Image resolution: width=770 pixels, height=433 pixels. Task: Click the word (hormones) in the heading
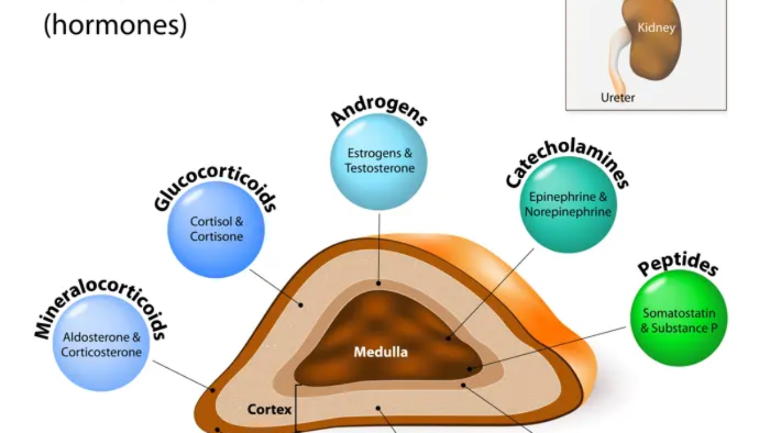coord(115,25)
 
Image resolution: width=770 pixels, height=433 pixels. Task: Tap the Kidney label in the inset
coord(656,27)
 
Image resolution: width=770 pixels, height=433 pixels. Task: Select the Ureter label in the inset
coord(617,98)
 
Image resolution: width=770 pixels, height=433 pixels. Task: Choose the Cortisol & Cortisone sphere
coord(216,229)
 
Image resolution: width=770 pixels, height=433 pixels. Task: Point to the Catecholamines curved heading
coord(567,160)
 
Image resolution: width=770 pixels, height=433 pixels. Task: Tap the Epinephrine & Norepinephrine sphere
coord(568,204)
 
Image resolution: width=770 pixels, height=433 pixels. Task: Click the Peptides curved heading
coord(678,264)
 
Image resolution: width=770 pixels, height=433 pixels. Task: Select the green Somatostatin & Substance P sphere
coord(679,320)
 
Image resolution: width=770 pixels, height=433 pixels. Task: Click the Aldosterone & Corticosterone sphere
coord(101,344)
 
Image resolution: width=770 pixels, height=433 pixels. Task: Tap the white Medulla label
coord(380,352)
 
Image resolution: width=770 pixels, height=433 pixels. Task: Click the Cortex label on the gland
coord(269,409)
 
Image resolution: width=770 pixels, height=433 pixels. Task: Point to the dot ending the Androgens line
coord(378,284)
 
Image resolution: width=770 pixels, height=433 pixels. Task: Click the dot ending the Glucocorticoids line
coord(301,305)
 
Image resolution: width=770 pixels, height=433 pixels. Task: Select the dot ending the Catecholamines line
coord(448,338)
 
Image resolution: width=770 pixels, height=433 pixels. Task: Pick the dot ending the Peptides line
coord(469,368)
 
